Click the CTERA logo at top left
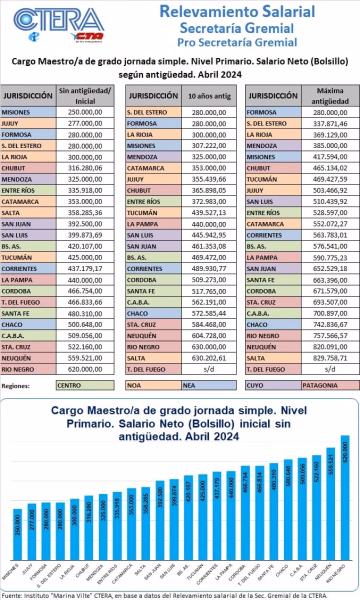point(57,22)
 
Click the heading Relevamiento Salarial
point(237,11)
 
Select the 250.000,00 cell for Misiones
point(85,112)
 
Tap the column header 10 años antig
point(209,95)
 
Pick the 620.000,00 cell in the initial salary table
point(85,369)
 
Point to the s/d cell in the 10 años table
point(209,369)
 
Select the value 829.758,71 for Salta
point(329,358)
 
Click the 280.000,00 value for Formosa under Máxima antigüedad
point(329,112)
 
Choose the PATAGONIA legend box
point(330,385)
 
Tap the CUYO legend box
point(273,385)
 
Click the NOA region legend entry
point(153,385)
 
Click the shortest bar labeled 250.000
point(17,534)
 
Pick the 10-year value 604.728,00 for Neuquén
point(209,336)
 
